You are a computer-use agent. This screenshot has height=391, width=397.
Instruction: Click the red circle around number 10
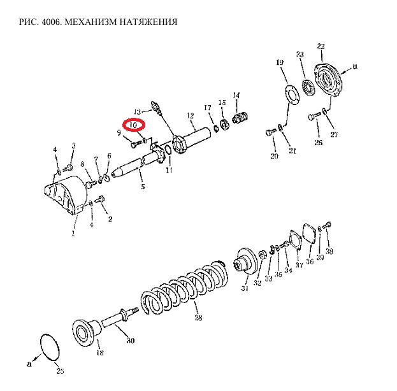[134, 126]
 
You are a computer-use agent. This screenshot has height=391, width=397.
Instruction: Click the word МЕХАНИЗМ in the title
[87, 22]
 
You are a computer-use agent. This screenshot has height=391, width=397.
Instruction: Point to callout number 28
[198, 318]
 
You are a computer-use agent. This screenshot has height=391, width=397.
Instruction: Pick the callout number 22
[321, 47]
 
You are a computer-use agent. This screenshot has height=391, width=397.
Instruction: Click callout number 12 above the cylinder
[190, 115]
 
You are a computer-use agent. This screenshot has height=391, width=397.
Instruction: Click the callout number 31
[244, 288]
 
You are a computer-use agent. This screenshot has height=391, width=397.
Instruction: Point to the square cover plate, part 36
[310, 234]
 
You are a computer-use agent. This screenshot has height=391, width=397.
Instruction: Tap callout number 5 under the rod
[142, 186]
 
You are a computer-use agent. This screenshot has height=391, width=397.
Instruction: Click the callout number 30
[131, 341]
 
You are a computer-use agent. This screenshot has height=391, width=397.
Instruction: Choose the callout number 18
[99, 352]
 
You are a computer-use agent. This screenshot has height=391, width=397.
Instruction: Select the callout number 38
[329, 252]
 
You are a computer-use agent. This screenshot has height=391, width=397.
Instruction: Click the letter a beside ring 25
[29, 365]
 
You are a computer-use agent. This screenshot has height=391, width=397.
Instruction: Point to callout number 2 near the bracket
[110, 219]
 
